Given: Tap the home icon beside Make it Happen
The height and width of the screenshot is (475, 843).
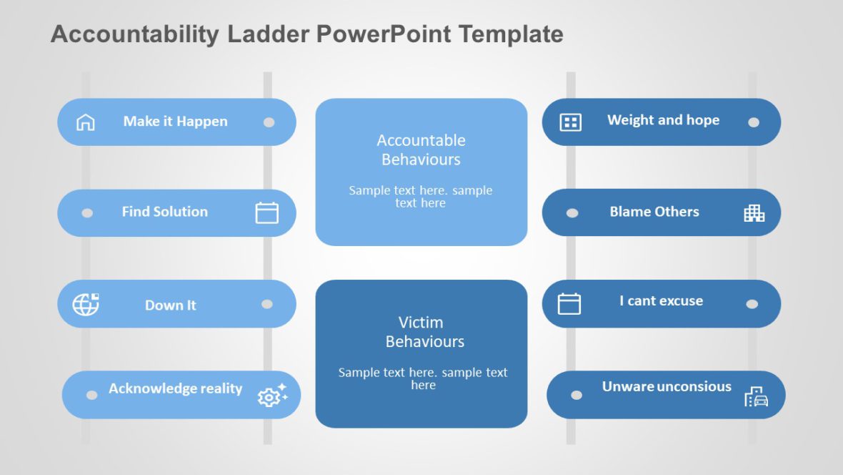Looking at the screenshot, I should coord(85,122).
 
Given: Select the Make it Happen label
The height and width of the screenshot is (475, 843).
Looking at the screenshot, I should coord(175,122).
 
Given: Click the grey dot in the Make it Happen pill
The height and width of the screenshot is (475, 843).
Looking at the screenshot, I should coord(269,122).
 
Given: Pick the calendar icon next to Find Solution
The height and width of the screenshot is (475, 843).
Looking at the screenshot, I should coord(266,212).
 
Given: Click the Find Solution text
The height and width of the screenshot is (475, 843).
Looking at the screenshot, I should coord(164,212).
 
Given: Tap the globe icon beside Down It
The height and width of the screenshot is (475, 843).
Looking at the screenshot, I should coord(86,304).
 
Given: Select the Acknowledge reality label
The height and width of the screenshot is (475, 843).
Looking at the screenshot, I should coord(175,388).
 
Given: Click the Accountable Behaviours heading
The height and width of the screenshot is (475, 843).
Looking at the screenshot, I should coord(421,150).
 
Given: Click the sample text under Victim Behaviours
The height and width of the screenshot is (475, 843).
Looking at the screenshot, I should coord(423,378).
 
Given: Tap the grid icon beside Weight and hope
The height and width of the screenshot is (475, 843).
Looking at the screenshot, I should coord(570,122).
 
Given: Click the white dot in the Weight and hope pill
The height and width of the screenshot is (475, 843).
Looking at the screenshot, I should coord(753,122).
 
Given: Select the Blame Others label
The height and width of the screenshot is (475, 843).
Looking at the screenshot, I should coord(654,212).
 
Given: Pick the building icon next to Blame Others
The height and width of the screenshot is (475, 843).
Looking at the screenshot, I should coord(754,212).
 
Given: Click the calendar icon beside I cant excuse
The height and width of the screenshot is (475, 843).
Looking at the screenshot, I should coord(569,303).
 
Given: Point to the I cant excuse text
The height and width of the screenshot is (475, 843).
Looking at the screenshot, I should coord(661,301).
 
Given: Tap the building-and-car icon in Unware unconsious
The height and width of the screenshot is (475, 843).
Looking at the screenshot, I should coord(756,396).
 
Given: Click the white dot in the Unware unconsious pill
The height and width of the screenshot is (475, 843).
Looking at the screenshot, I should coord(577,395).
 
